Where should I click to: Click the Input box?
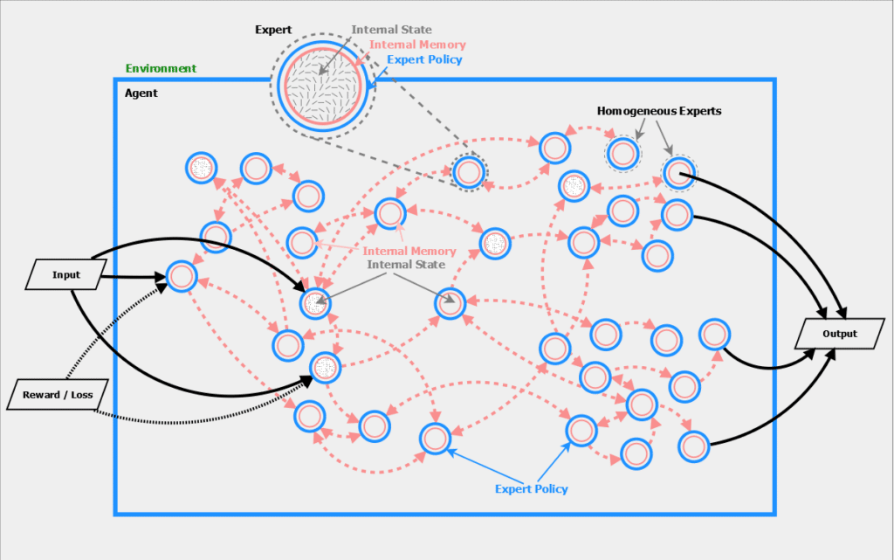(65, 275)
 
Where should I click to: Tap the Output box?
(840, 334)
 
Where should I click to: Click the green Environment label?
(161, 68)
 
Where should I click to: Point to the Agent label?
(141, 93)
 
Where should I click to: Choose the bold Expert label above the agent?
(272, 30)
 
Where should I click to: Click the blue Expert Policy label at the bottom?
(531, 488)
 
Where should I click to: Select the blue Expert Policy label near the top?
(425, 59)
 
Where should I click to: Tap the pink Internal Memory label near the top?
(417, 45)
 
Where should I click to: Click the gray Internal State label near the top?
(392, 30)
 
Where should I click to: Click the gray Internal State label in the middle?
(407, 265)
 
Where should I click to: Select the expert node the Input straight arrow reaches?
(181, 277)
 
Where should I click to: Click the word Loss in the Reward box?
(82, 395)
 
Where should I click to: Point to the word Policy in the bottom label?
(551, 488)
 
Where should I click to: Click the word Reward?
(41, 395)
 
